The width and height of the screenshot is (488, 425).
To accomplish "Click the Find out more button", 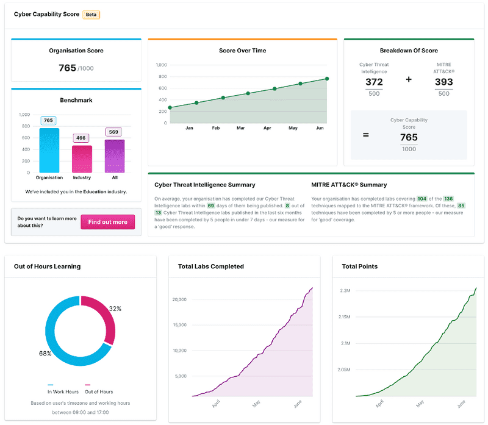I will click(107, 222).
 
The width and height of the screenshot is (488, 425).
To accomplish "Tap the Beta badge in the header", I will click(91, 14).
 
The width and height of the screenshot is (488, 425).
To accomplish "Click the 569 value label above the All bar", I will click(114, 132).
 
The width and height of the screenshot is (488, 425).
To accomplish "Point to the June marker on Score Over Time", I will click(327, 79).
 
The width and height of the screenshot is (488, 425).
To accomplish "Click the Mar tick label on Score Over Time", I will click(240, 128).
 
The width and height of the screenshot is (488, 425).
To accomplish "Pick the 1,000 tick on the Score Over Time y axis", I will click(161, 65).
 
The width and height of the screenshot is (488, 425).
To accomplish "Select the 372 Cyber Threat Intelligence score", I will click(374, 82).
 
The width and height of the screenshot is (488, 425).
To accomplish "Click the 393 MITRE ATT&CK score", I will click(443, 82).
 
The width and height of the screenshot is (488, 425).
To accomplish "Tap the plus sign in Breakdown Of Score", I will click(409, 79).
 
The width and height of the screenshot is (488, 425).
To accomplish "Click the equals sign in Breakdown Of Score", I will click(366, 134).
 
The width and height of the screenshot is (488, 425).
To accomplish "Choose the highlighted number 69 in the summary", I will click(211, 206).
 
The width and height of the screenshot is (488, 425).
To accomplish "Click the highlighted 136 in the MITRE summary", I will click(448, 199).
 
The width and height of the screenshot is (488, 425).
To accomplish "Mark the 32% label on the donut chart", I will click(114, 309).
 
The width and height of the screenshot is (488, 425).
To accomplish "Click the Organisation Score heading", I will click(76, 51).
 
